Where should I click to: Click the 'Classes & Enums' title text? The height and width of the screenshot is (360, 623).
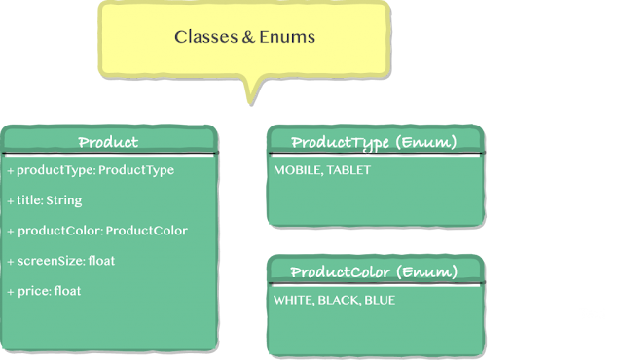pyautogui.click(x=244, y=37)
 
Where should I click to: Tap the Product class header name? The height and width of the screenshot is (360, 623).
pyautogui.click(x=108, y=143)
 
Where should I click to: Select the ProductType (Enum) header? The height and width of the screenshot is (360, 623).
pyautogui.click(x=374, y=143)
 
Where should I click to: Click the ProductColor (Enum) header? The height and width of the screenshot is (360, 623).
pyautogui.click(x=374, y=271)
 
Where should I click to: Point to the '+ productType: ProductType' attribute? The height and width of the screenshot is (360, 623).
pyautogui.click(x=91, y=170)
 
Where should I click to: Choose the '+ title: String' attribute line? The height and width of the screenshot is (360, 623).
pyautogui.click(x=45, y=200)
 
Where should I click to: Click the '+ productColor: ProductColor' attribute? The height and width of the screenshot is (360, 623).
pyautogui.click(x=97, y=231)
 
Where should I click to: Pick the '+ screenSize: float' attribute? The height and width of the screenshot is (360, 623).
pyautogui.click(x=60, y=261)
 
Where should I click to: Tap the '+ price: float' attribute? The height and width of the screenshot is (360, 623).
pyautogui.click(x=45, y=291)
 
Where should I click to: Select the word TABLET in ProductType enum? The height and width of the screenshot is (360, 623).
pyautogui.click(x=348, y=170)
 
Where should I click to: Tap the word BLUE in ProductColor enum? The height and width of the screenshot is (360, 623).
pyautogui.click(x=380, y=300)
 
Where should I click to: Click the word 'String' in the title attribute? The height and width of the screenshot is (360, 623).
pyautogui.click(x=63, y=200)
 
